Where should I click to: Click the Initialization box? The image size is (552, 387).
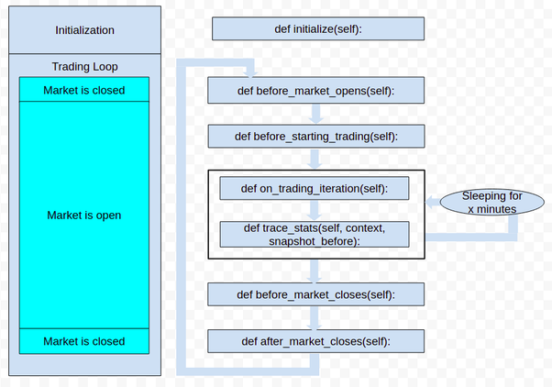click(84, 29)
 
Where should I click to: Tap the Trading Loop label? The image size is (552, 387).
click(84, 67)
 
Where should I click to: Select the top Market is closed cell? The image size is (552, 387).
click(83, 90)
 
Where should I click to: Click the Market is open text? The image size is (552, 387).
click(83, 216)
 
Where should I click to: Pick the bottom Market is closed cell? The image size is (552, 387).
click(83, 341)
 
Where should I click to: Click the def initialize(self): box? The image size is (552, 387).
click(318, 29)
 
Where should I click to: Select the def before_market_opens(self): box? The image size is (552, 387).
click(316, 90)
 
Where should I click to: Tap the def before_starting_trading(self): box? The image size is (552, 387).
click(316, 137)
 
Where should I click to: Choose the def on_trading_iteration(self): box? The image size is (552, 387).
click(314, 189)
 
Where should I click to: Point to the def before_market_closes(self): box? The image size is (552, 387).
click(316, 294)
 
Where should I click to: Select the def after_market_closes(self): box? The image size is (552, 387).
click(316, 341)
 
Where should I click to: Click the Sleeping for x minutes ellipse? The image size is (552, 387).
click(491, 202)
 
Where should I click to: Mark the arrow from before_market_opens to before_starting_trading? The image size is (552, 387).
click(316, 114)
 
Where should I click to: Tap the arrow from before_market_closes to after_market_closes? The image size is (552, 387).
click(316, 318)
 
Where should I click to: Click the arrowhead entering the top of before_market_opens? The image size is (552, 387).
click(248, 72)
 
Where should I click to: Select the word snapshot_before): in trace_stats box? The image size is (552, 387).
click(314, 240)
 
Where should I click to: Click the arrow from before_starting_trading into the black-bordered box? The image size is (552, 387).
click(316, 160)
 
